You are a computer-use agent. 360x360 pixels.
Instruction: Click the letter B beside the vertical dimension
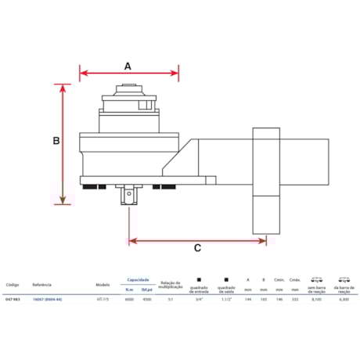(x=56, y=142)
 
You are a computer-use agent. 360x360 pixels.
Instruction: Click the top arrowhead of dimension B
(x=64, y=88)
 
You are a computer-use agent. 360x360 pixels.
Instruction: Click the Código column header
(x=13, y=285)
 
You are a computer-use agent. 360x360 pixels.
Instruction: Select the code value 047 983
(x=13, y=299)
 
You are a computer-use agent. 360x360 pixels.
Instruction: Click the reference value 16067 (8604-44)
(x=48, y=299)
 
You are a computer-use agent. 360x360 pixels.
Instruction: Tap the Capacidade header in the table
(x=138, y=279)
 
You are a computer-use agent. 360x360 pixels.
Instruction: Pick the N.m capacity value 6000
(x=128, y=299)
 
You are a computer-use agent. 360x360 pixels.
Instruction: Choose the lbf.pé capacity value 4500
(x=146, y=299)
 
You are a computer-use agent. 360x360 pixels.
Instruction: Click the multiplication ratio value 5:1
(x=171, y=299)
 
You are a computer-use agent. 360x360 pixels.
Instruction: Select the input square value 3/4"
(x=200, y=299)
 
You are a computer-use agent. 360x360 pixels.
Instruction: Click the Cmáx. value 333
(x=295, y=299)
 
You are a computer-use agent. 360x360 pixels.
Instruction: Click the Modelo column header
(x=103, y=285)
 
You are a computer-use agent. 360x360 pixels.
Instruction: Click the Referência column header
(x=42, y=285)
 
